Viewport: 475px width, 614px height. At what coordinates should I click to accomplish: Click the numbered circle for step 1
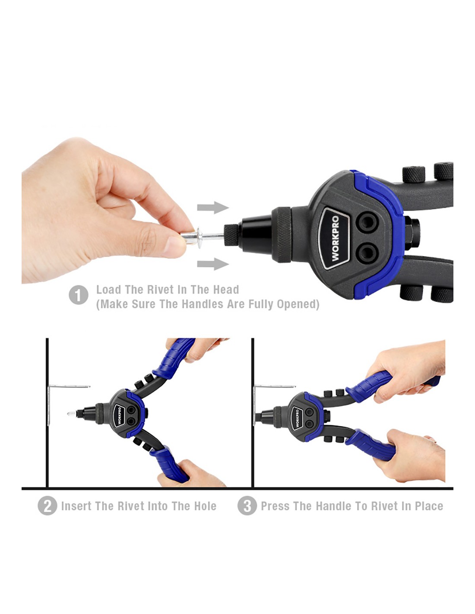coord(78,295)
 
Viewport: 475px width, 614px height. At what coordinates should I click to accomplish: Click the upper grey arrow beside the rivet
coord(213,208)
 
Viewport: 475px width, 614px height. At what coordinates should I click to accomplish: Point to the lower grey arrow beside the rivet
coord(213,264)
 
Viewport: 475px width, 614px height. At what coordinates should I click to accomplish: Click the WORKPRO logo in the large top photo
coord(335,238)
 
